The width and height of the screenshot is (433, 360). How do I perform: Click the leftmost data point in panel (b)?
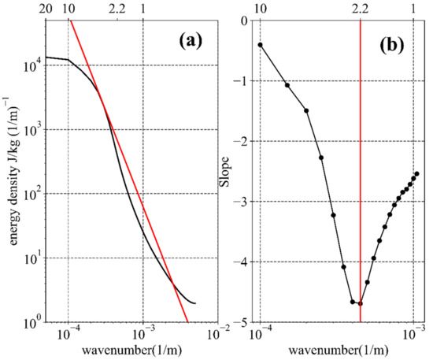(260, 45)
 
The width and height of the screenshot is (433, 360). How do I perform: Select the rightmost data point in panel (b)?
(416, 173)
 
